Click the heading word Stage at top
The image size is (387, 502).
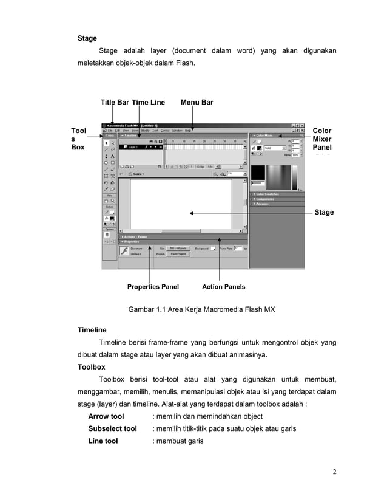(x=87, y=38)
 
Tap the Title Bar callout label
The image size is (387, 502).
(x=115, y=102)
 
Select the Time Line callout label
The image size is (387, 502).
(x=148, y=102)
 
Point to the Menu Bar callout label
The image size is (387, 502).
(x=197, y=102)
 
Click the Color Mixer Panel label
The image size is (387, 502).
(x=322, y=139)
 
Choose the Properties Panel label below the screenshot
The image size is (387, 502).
(x=153, y=286)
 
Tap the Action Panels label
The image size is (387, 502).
(x=223, y=286)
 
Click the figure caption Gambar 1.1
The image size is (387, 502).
(x=201, y=309)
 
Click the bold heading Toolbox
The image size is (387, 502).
(x=92, y=367)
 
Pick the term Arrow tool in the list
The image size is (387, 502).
(x=106, y=416)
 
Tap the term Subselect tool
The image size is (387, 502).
(x=113, y=428)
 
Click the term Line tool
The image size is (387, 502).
(x=103, y=441)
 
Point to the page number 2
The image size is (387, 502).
(x=334, y=472)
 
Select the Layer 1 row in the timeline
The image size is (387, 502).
(x=140, y=147)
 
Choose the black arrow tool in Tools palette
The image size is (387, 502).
(x=106, y=142)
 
